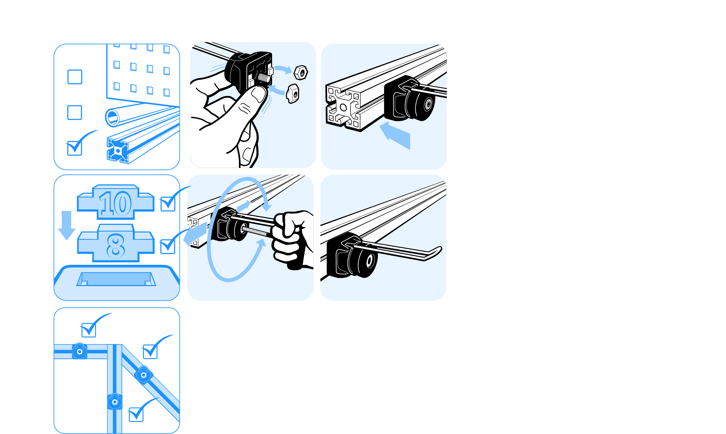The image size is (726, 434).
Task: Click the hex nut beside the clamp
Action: (301, 72)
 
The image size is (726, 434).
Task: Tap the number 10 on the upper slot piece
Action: (115, 203)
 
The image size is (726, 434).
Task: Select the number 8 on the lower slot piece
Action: (116, 246)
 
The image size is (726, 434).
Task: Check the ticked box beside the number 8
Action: (168, 247)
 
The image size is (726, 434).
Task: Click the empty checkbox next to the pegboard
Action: (75, 77)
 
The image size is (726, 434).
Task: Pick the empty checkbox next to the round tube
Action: (75, 113)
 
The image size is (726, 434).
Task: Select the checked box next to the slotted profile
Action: (75, 148)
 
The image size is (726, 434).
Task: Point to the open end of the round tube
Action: (113, 118)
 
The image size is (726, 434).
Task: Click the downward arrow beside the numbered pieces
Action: (67, 225)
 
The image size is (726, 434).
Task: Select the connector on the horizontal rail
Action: (80, 352)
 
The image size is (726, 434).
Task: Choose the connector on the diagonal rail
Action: (144, 375)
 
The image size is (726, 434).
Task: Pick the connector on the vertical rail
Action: (115, 402)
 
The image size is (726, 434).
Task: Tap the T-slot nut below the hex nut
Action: (293, 94)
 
